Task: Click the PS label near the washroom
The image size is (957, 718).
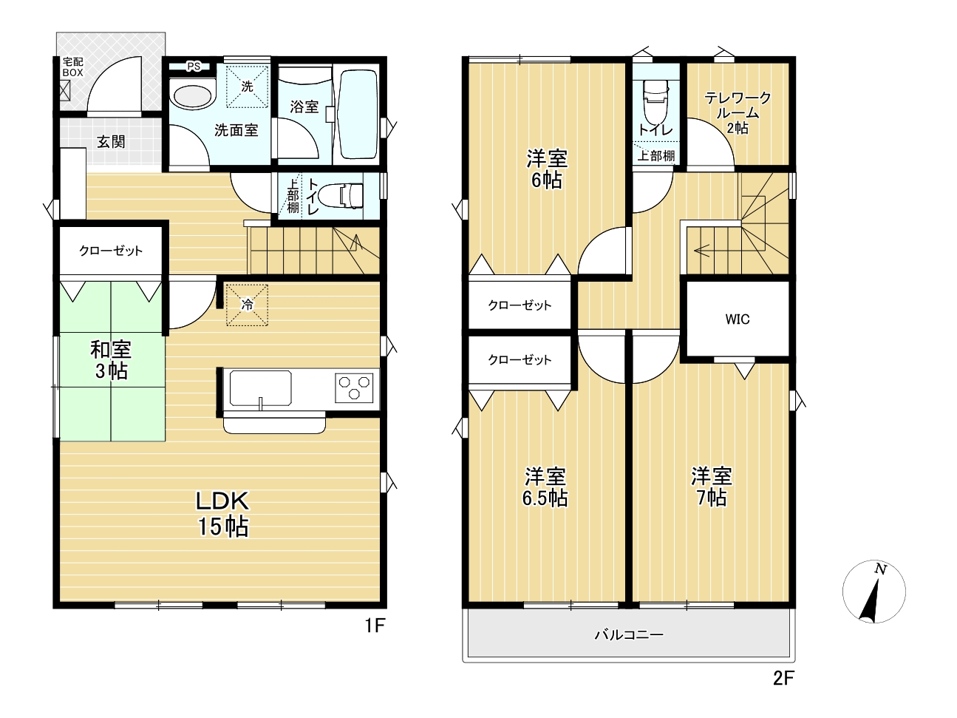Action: click(x=194, y=67)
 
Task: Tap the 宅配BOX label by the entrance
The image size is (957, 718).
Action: click(x=73, y=67)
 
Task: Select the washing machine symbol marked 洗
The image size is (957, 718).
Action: click(x=247, y=87)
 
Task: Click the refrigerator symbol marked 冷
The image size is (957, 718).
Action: click(x=247, y=305)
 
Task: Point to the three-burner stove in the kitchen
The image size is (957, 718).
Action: click(x=354, y=387)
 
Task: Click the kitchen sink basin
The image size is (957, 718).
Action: click(x=261, y=388)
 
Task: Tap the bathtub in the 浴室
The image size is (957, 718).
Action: click(x=358, y=115)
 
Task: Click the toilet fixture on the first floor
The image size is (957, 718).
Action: click(x=341, y=195)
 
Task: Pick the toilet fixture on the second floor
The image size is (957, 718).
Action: click(x=656, y=104)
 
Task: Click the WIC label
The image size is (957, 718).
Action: click(x=738, y=319)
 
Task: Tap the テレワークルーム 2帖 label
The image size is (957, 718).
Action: click(x=738, y=112)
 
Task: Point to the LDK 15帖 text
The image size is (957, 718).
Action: click(x=222, y=513)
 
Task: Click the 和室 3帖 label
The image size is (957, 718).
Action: click(x=111, y=360)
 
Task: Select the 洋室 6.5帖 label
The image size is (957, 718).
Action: click(x=545, y=487)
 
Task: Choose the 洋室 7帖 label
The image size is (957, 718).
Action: click(x=711, y=487)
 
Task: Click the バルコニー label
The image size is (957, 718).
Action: click(x=629, y=634)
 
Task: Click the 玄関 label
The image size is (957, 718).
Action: click(x=111, y=141)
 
